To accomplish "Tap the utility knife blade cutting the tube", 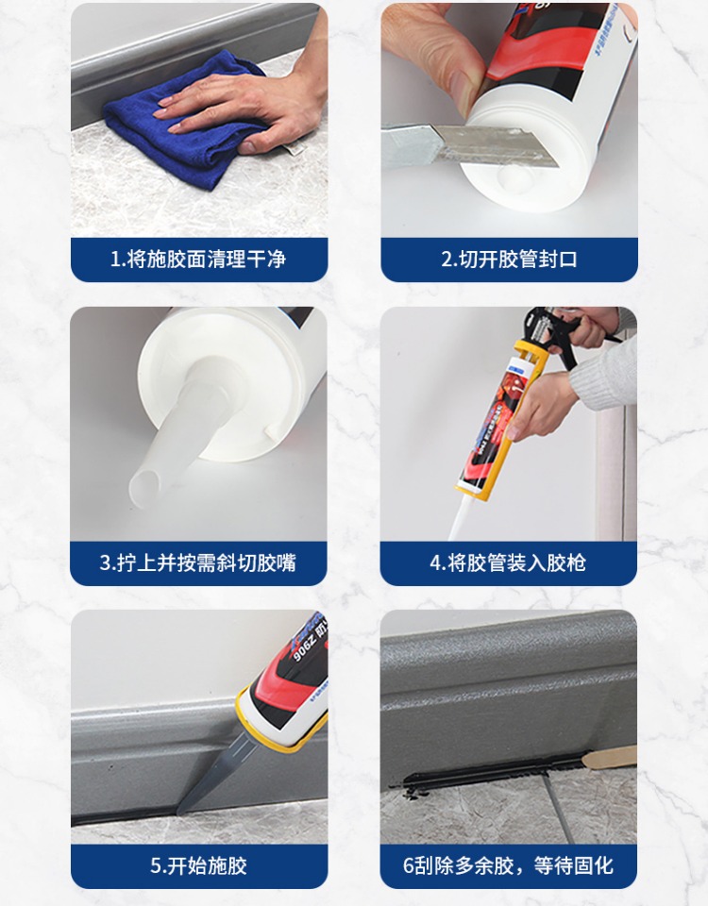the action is click(497, 144).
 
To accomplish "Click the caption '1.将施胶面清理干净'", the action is click(198, 260).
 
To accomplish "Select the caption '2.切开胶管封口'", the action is click(509, 260).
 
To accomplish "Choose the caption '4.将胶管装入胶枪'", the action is click(508, 562).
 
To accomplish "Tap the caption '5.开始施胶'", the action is click(198, 866).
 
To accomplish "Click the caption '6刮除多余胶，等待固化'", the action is click(508, 866).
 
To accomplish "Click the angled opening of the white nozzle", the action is click(143, 484).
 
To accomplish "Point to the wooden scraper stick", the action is click(609, 755).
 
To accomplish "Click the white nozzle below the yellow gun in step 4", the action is click(462, 518).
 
